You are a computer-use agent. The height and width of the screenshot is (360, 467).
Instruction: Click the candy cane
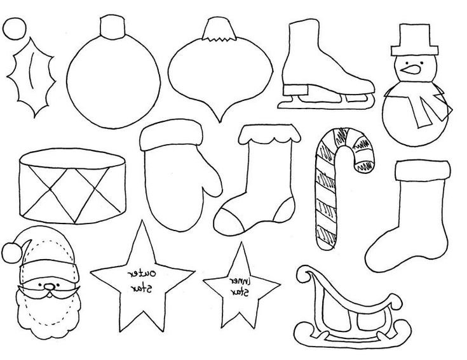coord(327,190)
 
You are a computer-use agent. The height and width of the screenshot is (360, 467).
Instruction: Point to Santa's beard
coord(44,314)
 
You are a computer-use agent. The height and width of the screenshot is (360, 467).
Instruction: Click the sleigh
coord(346,305)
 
